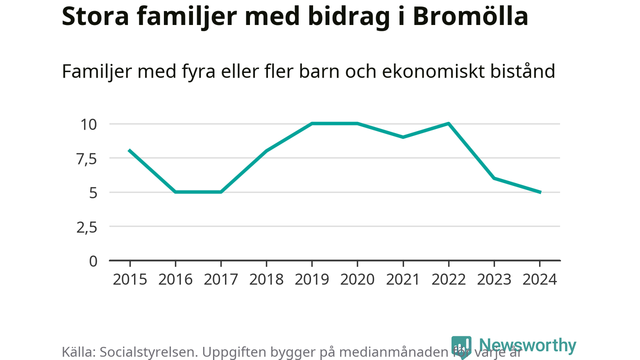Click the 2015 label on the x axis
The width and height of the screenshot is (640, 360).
tap(130, 279)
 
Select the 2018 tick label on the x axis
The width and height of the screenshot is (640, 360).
tap(266, 279)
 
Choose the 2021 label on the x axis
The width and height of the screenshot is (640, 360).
tap(402, 279)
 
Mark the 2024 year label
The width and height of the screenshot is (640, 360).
tap(539, 279)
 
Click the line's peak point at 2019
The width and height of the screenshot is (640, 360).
tap(312, 123)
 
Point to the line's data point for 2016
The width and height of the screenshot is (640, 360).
tap(175, 192)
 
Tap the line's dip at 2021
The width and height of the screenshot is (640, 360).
tap(403, 137)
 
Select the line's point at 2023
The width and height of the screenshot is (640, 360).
tap(494, 178)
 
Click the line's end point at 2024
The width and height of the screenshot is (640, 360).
tap(540, 192)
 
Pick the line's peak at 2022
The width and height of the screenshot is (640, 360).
tap(448, 123)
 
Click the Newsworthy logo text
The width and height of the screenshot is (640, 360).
tap(527, 345)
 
